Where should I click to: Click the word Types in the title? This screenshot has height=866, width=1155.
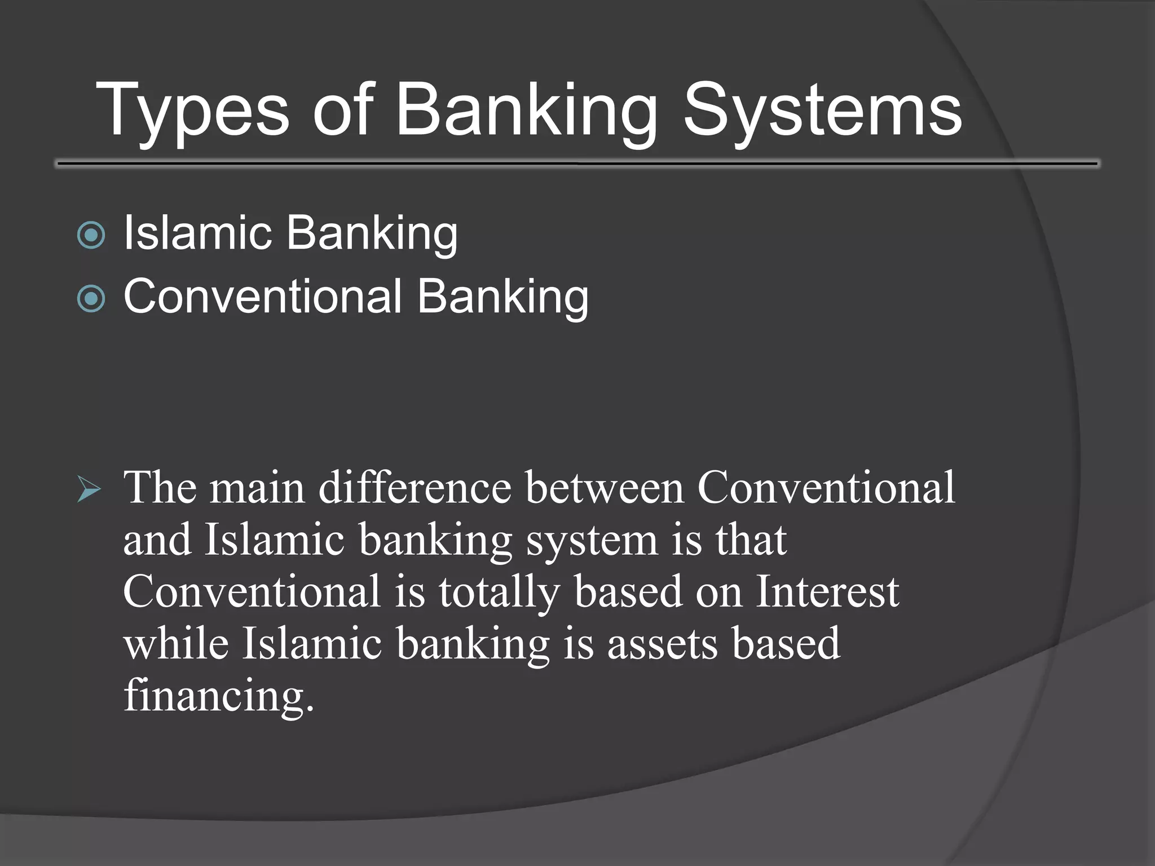tap(192, 110)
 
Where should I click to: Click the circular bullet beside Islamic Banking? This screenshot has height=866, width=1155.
tap(91, 235)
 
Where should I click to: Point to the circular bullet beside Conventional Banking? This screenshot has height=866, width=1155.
tap(91, 298)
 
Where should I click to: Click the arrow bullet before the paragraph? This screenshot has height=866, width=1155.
tap(89, 489)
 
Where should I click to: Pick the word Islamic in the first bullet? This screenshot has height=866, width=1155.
tap(197, 232)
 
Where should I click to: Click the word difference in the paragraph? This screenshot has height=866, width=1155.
tap(415, 488)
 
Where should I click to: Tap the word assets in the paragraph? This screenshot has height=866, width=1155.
tap(662, 644)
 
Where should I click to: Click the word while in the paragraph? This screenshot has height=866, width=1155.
tap(176, 644)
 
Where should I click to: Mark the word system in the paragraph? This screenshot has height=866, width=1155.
tap(592, 540)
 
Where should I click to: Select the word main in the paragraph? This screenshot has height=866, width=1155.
tap(257, 488)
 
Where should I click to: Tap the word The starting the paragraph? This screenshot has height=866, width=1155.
tap(160, 488)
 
